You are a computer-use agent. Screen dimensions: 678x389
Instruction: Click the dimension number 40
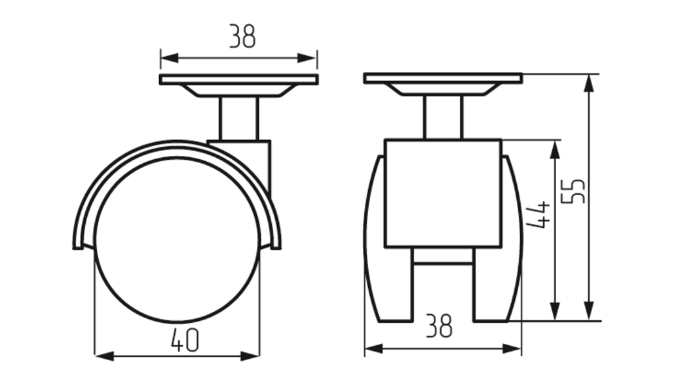185,340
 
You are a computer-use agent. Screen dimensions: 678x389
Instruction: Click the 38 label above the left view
242,36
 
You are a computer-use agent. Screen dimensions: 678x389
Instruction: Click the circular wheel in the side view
178,240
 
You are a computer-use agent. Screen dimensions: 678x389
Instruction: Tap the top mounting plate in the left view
239,79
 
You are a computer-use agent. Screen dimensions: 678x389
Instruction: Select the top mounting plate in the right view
443,78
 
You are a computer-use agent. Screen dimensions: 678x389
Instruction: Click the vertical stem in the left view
238,119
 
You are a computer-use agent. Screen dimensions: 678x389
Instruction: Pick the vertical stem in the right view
443,117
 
